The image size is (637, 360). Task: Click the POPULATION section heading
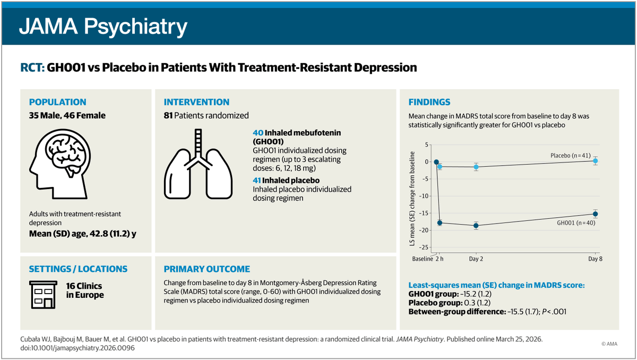pos(57,102)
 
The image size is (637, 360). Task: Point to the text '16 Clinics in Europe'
pos(85,290)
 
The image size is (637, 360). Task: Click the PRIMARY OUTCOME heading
pos(206,269)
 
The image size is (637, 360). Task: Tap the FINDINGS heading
pos(429,102)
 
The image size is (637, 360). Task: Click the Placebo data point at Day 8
pos(595,160)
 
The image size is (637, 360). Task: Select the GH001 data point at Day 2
pos(476,226)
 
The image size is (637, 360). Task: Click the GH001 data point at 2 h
pos(440,222)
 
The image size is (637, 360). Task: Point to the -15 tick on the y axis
pos(424,213)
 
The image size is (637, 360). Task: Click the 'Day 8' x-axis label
pos(595,259)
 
